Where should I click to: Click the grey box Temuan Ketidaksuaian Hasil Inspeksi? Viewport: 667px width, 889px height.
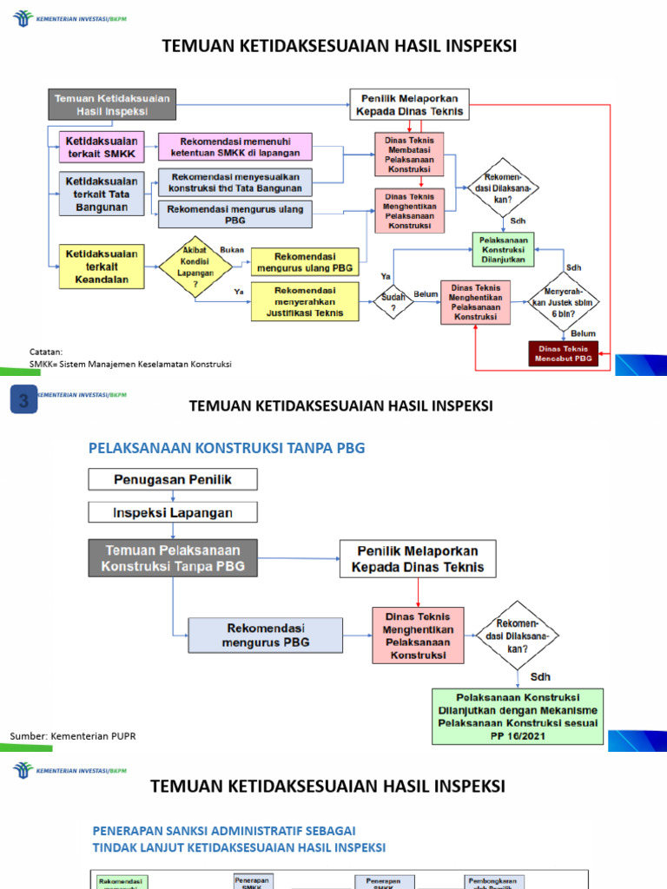(x=113, y=104)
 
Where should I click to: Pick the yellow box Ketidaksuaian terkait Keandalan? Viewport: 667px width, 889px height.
(x=101, y=267)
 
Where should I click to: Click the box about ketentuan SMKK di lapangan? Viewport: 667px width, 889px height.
(x=235, y=147)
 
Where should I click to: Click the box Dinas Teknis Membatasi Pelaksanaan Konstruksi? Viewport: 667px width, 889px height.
(x=409, y=154)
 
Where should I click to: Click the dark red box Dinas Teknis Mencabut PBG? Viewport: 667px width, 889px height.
(x=564, y=352)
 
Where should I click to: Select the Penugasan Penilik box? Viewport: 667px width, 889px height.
(x=173, y=479)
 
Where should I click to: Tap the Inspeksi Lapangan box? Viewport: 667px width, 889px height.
(x=173, y=512)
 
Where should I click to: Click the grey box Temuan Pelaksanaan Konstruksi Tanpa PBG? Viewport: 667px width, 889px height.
(x=173, y=558)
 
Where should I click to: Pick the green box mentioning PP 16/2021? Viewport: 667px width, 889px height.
(x=518, y=716)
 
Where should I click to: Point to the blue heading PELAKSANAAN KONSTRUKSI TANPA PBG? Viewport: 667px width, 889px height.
(x=227, y=448)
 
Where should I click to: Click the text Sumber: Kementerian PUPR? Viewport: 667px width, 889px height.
(x=73, y=736)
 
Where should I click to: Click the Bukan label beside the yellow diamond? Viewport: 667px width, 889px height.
(x=233, y=249)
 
